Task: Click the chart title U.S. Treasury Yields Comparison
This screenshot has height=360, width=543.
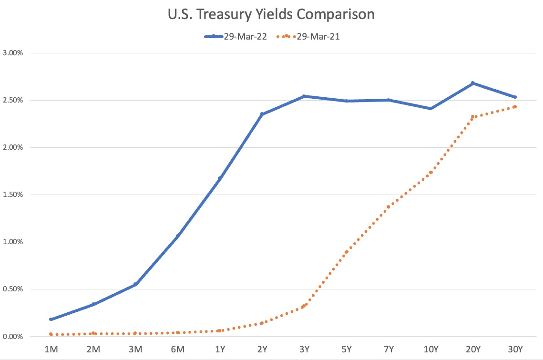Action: (x=271, y=14)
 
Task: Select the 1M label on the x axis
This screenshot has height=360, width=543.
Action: (x=51, y=350)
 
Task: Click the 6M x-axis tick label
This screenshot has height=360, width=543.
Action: (x=177, y=350)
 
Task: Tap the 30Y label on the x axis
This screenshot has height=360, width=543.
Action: (x=515, y=350)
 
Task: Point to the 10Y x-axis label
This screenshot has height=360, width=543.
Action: (x=430, y=350)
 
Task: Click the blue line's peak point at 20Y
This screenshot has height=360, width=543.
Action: (x=472, y=83)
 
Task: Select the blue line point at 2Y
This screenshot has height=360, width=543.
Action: (x=262, y=114)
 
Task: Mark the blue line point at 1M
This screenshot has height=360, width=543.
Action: (x=51, y=319)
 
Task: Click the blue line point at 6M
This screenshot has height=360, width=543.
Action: (x=177, y=236)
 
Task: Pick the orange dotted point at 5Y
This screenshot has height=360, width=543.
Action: (x=346, y=252)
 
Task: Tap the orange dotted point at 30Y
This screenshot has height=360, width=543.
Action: (x=515, y=107)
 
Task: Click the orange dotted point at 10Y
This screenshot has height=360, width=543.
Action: (x=430, y=173)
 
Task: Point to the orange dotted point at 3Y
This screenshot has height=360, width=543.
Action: (x=304, y=306)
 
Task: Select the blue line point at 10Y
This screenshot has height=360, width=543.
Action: (x=430, y=109)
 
